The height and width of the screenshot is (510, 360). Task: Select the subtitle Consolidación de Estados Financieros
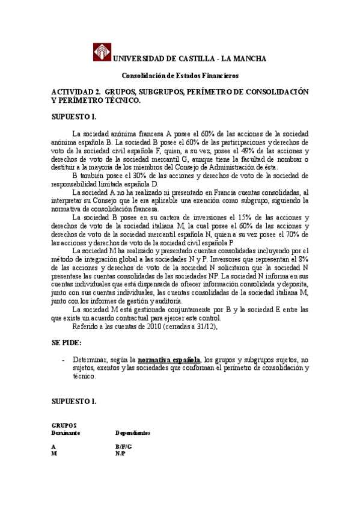point(180,76)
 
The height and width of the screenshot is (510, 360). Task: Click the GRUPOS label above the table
point(64,425)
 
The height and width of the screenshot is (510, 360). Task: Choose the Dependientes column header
point(133,433)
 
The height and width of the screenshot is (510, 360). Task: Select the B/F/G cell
point(123,447)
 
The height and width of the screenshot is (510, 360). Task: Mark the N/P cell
point(120,454)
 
